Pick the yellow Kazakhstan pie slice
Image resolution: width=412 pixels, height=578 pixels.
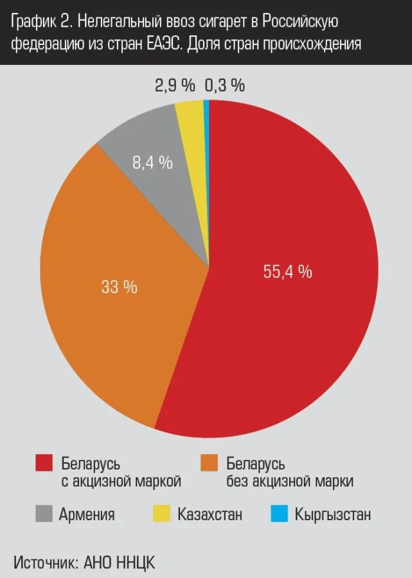[192, 128]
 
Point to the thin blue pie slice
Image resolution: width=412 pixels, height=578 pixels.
[206, 128]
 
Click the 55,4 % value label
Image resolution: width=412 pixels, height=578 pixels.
[287, 272]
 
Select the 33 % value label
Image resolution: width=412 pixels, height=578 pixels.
[119, 287]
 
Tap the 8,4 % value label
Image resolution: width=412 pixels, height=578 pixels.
[152, 163]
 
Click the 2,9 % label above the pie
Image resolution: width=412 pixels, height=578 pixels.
[175, 85]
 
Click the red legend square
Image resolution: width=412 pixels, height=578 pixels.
[44, 463]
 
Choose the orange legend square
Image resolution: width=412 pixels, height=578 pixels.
[210, 463]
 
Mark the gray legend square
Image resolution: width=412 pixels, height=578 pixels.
[44, 514]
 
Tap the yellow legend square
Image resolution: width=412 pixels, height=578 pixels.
[161, 514]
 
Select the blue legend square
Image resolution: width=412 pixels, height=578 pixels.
[279, 514]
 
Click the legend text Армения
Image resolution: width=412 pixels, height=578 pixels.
[87, 514]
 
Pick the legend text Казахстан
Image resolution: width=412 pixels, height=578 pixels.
[210, 514]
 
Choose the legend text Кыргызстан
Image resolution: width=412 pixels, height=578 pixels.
[332, 514]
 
